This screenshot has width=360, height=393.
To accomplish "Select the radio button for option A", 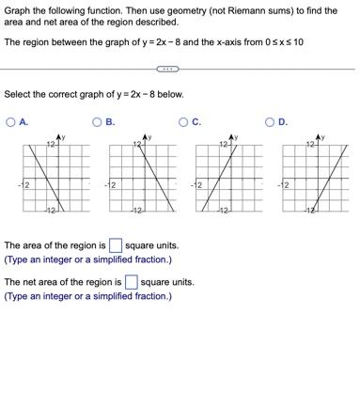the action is pos(11,120).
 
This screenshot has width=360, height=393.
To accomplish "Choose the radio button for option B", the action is pos(98,120).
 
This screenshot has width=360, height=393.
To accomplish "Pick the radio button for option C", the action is pos(184,120).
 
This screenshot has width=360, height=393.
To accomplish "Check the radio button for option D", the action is pos(271,120).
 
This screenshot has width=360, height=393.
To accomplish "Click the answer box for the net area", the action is pos(131,281).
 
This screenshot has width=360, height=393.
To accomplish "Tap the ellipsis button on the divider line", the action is pos(165,69).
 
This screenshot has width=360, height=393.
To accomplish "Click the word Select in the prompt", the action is pos(19,94).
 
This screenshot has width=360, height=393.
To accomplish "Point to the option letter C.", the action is pos(196,120).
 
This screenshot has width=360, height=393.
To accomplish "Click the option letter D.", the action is pos(283,120).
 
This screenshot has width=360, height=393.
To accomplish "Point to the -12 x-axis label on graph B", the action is pos(110,184).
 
